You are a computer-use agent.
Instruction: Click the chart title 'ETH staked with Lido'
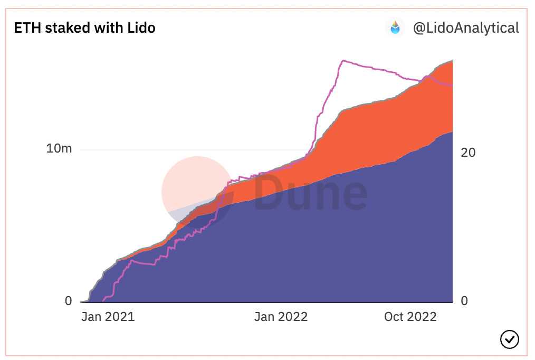pyautogui.click(x=84, y=27)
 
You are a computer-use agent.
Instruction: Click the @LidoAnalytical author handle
pyautogui.click(x=466, y=27)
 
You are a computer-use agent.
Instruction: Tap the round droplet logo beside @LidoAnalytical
pyautogui.click(x=395, y=27)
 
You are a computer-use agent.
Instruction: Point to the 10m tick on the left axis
pyautogui.click(x=59, y=149)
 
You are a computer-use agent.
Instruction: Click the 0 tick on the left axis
pyautogui.click(x=68, y=301)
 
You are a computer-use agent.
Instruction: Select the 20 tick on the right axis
pyautogui.click(x=468, y=153)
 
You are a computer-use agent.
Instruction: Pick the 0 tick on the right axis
pyautogui.click(x=464, y=301)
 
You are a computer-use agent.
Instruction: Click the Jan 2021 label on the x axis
pyautogui.click(x=108, y=317)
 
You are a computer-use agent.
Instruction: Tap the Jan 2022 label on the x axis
pyautogui.click(x=281, y=317)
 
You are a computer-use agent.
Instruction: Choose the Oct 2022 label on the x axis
pyautogui.click(x=410, y=317)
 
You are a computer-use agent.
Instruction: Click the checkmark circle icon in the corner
pyautogui.click(x=509, y=339)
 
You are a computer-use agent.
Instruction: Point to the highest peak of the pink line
pyautogui.click(x=343, y=61)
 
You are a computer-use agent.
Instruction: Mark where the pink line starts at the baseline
pyautogui.click(x=103, y=300)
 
